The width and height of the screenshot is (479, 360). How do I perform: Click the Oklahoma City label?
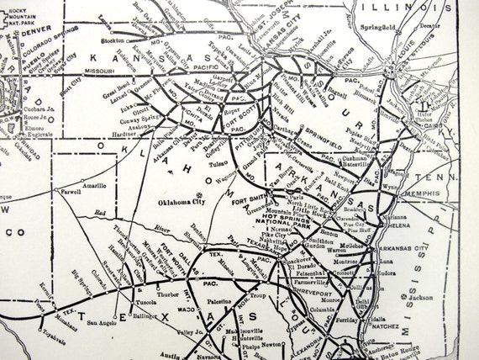pos(190,202)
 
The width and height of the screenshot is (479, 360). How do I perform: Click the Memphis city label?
pos(424,192)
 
